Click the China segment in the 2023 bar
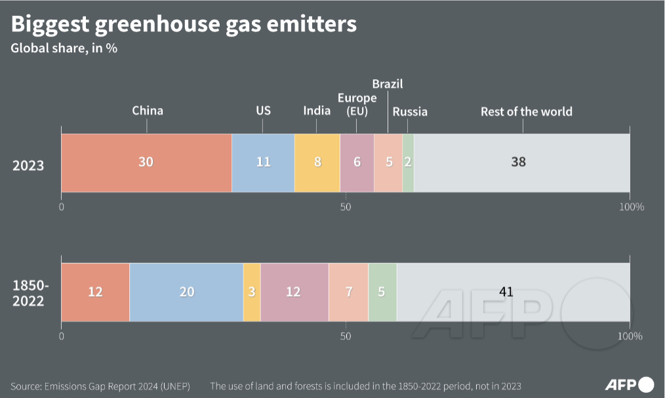(146, 162)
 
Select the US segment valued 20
(186, 292)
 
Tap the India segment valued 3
(252, 292)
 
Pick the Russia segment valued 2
(408, 162)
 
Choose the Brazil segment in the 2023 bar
(388, 162)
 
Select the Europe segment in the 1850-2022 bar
(294, 292)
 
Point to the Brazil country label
(387, 84)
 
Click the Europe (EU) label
(357, 104)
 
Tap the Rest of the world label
(526, 111)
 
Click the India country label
(317, 111)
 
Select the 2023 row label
(28, 165)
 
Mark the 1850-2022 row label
(28, 293)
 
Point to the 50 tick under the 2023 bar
(346, 207)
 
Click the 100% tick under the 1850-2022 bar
(630, 336)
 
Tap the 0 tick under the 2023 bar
(62, 207)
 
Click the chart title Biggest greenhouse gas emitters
(184, 24)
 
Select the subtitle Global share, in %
(64, 48)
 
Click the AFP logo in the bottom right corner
(629, 384)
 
